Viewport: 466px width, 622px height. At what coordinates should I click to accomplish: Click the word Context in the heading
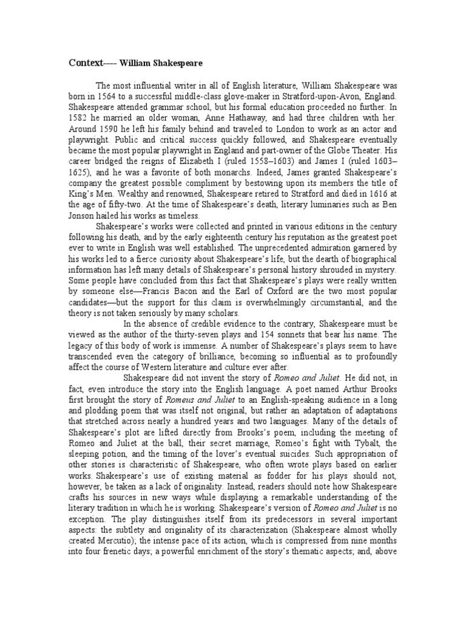85,63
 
